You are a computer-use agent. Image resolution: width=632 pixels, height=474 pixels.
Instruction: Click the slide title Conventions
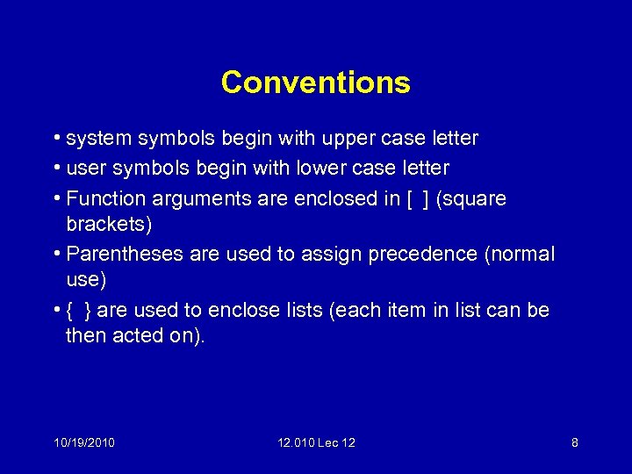point(315,83)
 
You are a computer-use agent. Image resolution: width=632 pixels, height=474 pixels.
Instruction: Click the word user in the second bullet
point(86,168)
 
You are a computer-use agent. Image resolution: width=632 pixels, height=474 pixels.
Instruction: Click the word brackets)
point(109,224)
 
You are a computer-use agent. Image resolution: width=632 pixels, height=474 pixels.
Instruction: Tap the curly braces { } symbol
point(79,311)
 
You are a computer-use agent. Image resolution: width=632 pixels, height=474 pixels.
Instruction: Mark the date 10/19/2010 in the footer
point(83,443)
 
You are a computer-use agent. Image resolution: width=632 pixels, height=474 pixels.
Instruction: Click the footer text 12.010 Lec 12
point(316,443)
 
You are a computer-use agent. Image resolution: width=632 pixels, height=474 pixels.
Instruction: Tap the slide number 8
point(574,443)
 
